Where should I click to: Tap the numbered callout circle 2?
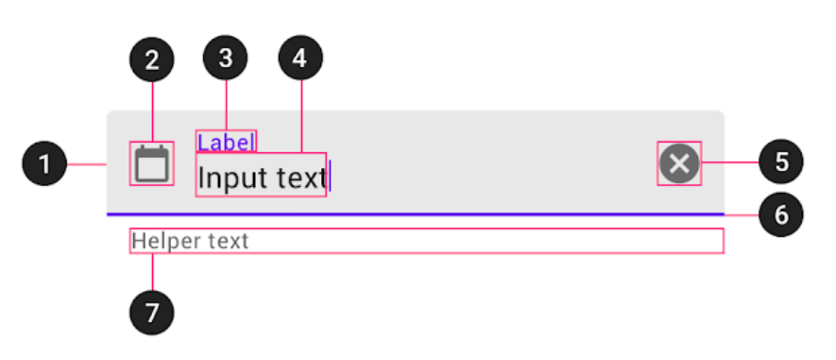[151, 60]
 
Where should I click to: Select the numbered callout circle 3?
[225, 60]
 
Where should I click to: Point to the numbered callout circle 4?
[300, 60]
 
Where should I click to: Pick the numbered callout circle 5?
[780, 163]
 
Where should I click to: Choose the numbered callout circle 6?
[780, 214]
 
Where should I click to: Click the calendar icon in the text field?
[151, 163]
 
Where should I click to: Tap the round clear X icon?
[679, 163]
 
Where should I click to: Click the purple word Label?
[226, 142]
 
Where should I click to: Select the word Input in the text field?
[225, 177]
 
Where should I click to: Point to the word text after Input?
[292, 177]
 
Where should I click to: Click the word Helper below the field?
[166, 241]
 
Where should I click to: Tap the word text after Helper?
[228, 241]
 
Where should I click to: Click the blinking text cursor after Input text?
[331, 176]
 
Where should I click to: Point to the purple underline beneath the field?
[416, 214]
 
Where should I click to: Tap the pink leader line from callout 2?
[151, 109]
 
